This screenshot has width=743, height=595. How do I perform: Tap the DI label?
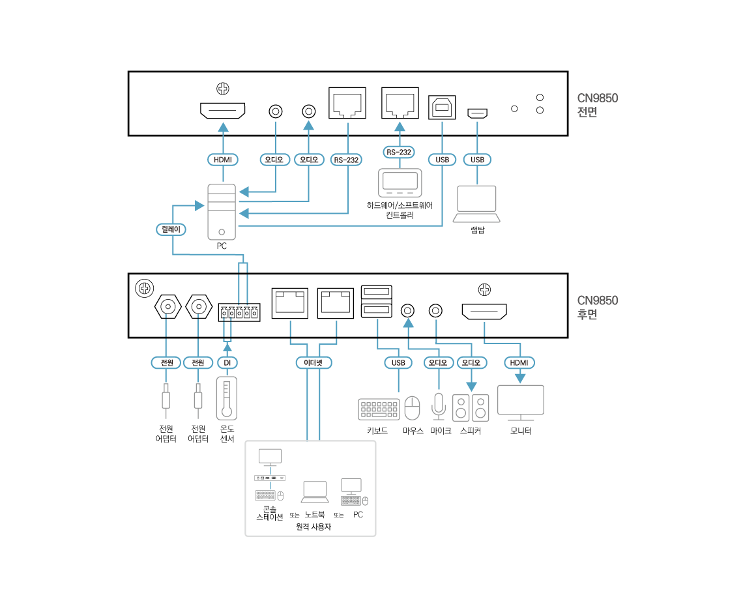click(227, 363)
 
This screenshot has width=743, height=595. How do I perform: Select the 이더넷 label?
click(313, 363)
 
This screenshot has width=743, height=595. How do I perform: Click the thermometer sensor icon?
click(226, 398)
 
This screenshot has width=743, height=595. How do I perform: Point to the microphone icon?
click(439, 407)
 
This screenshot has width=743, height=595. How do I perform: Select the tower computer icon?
click(222, 212)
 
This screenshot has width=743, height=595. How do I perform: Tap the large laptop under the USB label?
click(476, 204)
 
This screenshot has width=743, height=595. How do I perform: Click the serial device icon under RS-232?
click(400, 182)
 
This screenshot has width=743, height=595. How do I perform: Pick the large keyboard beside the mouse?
click(379, 409)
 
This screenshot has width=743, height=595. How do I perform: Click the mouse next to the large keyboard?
click(413, 409)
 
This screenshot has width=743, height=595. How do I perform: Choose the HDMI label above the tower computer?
click(223, 160)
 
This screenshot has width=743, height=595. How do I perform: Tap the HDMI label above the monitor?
click(519, 363)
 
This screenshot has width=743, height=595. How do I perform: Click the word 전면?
click(587, 112)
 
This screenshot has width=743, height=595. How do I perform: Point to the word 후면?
click(587, 315)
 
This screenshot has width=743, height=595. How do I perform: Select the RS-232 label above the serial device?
click(399, 152)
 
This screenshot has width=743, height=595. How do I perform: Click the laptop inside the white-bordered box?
click(315, 492)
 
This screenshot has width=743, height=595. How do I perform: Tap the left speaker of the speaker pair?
click(461, 408)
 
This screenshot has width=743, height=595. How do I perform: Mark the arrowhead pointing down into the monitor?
click(519, 378)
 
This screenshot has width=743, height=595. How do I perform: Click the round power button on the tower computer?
click(222, 231)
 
